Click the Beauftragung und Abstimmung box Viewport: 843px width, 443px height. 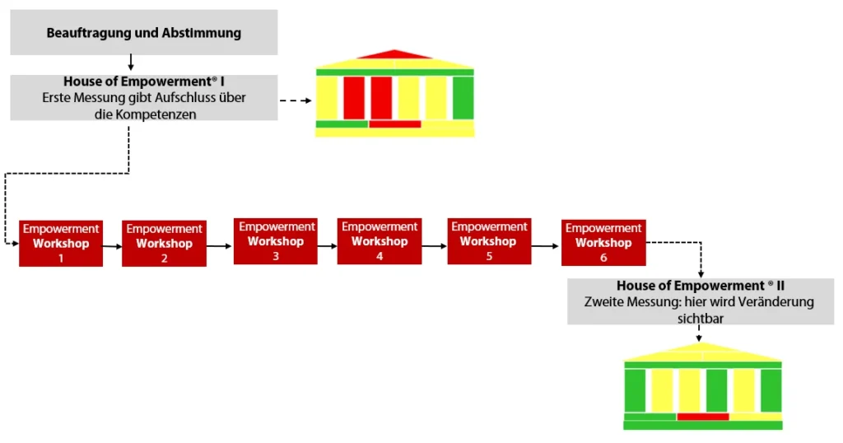[x=144, y=33]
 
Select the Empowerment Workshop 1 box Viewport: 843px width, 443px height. [x=61, y=243]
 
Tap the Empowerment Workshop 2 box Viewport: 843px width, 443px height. [x=164, y=244]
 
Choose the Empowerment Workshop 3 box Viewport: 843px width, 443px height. [x=275, y=241]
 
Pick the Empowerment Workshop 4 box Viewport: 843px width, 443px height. [x=379, y=241]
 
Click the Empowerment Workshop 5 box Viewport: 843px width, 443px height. [x=488, y=241]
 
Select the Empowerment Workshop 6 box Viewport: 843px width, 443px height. [x=603, y=243]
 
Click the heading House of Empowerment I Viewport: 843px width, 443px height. [x=144, y=82]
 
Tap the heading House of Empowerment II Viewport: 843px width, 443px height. [x=700, y=286]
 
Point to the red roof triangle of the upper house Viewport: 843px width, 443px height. [x=394, y=55]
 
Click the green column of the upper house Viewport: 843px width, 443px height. [x=463, y=97]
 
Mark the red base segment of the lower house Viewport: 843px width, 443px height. [x=702, y=417]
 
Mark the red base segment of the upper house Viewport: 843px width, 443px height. [x=394, y=124]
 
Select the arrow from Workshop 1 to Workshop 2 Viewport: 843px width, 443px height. [x=112, y=245]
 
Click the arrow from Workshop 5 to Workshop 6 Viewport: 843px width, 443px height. [x=546, y=245]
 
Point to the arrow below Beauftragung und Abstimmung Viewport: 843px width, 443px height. [x=131, y=63]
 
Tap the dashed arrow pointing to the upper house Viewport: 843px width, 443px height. [x=296, y=101]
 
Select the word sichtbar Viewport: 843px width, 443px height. [x=700, y=318]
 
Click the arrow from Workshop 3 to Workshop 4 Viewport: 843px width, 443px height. [x=327, y=243]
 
